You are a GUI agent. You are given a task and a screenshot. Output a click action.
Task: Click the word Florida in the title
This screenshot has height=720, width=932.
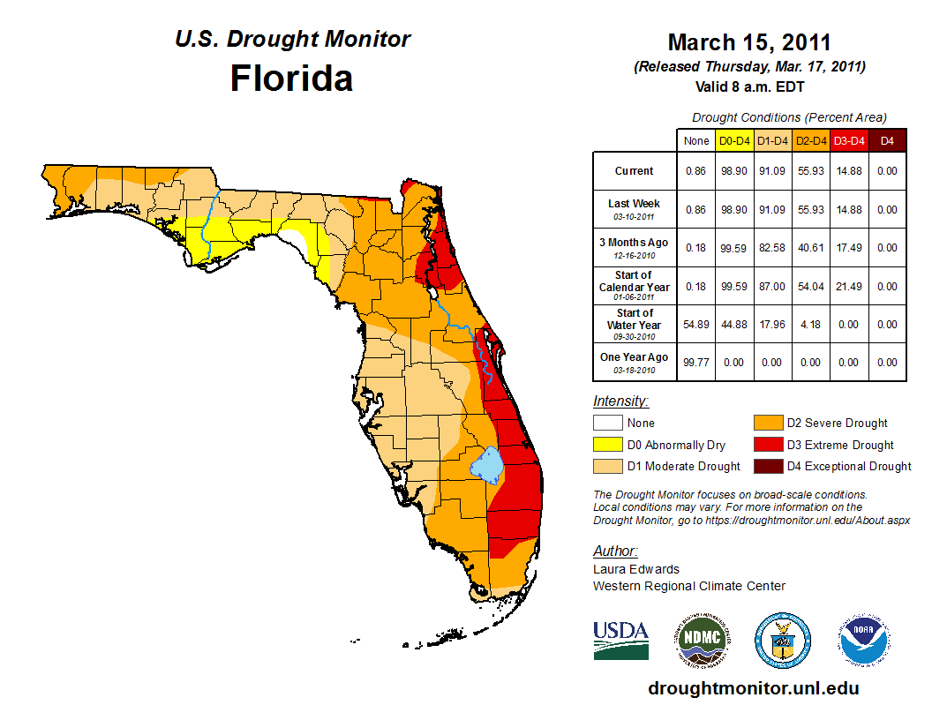pyautogui.click(x=291, y=79)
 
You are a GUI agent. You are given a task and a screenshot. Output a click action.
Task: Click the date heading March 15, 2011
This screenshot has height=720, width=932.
pyautogui.click(x=749, y=42)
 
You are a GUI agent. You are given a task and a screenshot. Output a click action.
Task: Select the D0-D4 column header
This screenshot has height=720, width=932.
pyautogui.click(x=734, y=141)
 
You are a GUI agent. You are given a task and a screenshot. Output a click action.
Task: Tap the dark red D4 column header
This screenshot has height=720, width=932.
pyautogui.click(x=887, y=141)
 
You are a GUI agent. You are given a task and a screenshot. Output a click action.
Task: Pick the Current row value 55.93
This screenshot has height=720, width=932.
pyautogui.click(x=811, y=171)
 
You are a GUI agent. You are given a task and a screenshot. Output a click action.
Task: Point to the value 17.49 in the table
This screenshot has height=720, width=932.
pyautogui.click(x=849, y=248)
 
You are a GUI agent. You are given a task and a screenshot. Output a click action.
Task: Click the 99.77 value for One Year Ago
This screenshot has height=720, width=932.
pyautogui.click(x=696, y=363)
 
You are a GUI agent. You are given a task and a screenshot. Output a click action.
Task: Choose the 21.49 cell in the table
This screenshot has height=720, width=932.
pyautogui.click(x=849, y=287)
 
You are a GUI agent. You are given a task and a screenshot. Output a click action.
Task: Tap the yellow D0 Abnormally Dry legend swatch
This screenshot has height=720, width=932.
pyautogui.click(x=608, y=445)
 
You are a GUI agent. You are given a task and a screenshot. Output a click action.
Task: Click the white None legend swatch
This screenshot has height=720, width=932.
pyautogui.click(x=608, y=424)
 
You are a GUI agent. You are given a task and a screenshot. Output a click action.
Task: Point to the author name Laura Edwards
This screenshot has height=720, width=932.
pyautogui.click(x=636, y=569)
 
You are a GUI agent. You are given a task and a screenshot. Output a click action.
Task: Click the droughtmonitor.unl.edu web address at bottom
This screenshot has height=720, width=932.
pyautogui.click(x=753, y=688)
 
